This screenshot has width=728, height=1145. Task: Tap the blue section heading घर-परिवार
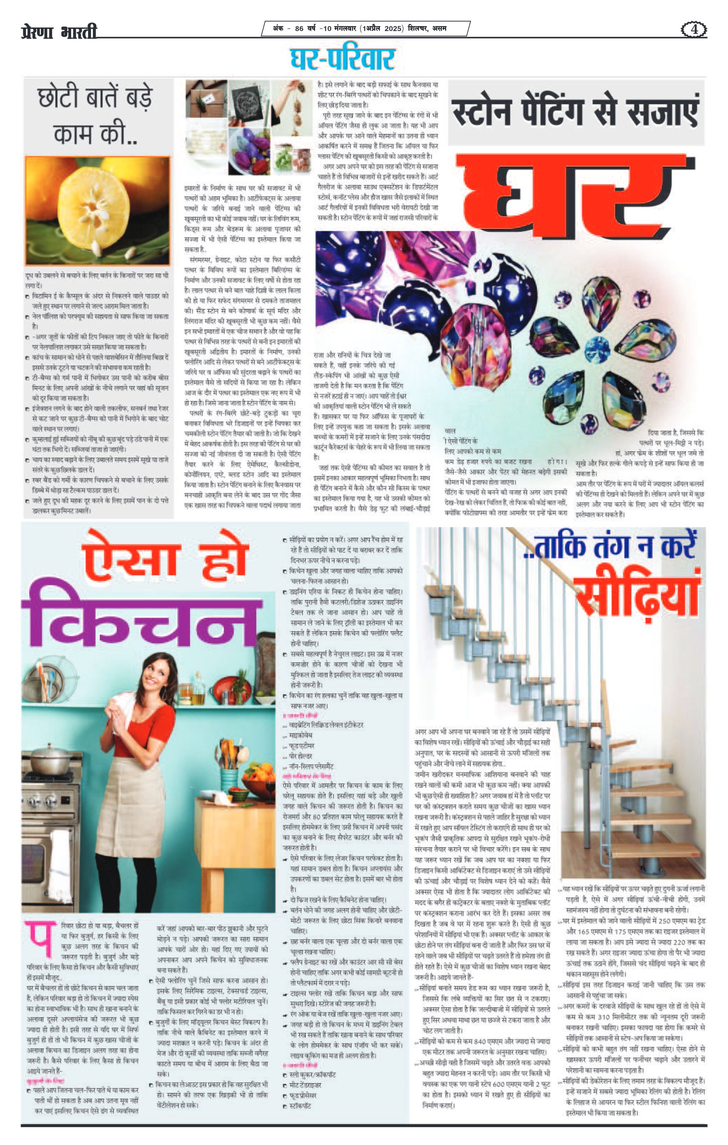point(343,59)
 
